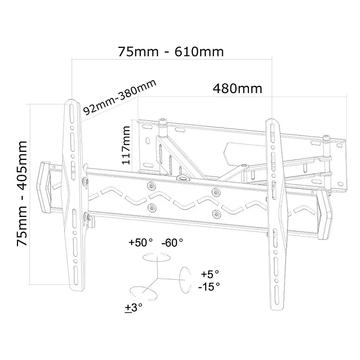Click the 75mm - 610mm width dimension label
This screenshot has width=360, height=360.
(x=171, y=51)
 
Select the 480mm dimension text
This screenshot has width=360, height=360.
(x=238, y=88)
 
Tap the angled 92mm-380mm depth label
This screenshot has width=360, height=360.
(x=120, y=97)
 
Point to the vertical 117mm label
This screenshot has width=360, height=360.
(x=126, y=145)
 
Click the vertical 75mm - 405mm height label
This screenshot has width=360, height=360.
(x=22, y=193)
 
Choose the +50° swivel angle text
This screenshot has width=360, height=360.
(x=140, y=242)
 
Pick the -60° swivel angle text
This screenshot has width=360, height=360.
(x=172, y=243)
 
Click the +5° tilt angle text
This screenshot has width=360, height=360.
(x=210, y=274)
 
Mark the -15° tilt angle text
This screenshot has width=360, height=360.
(x=209, y=286)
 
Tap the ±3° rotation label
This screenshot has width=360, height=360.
(x=134, y=308)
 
